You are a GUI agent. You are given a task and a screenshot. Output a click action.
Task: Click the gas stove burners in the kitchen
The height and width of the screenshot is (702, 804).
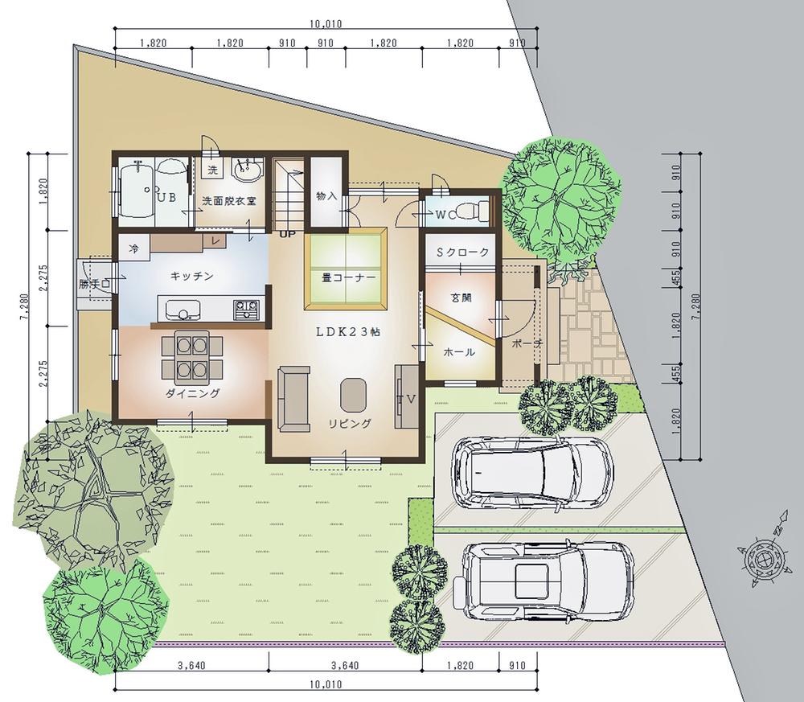click(x=247, y=308)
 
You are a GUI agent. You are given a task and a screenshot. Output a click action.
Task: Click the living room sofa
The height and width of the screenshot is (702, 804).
click(x=293, y=398)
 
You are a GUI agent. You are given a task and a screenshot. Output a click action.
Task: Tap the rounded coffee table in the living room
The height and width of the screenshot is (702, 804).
click(x=353, y=395)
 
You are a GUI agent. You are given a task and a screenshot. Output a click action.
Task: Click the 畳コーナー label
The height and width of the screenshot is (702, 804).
click(x=349, y=277)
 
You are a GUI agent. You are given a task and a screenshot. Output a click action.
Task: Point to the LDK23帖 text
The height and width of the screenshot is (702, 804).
click(x=347, y=332)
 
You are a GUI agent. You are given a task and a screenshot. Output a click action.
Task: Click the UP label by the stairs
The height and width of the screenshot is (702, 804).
click(x=287, y=234)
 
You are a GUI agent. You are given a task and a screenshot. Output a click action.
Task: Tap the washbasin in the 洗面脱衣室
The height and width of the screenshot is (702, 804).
click(x=248, y=168)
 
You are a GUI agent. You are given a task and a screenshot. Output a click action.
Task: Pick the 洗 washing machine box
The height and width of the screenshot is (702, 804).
click(x=213, y=169)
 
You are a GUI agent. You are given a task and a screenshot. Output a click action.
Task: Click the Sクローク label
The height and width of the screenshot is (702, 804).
click(x=462, y=252)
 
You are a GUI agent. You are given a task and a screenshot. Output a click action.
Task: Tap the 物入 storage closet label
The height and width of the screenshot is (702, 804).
click(x=326, y=196)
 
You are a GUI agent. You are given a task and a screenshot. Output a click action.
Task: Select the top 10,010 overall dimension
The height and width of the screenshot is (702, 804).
click(x=326, y=23)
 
